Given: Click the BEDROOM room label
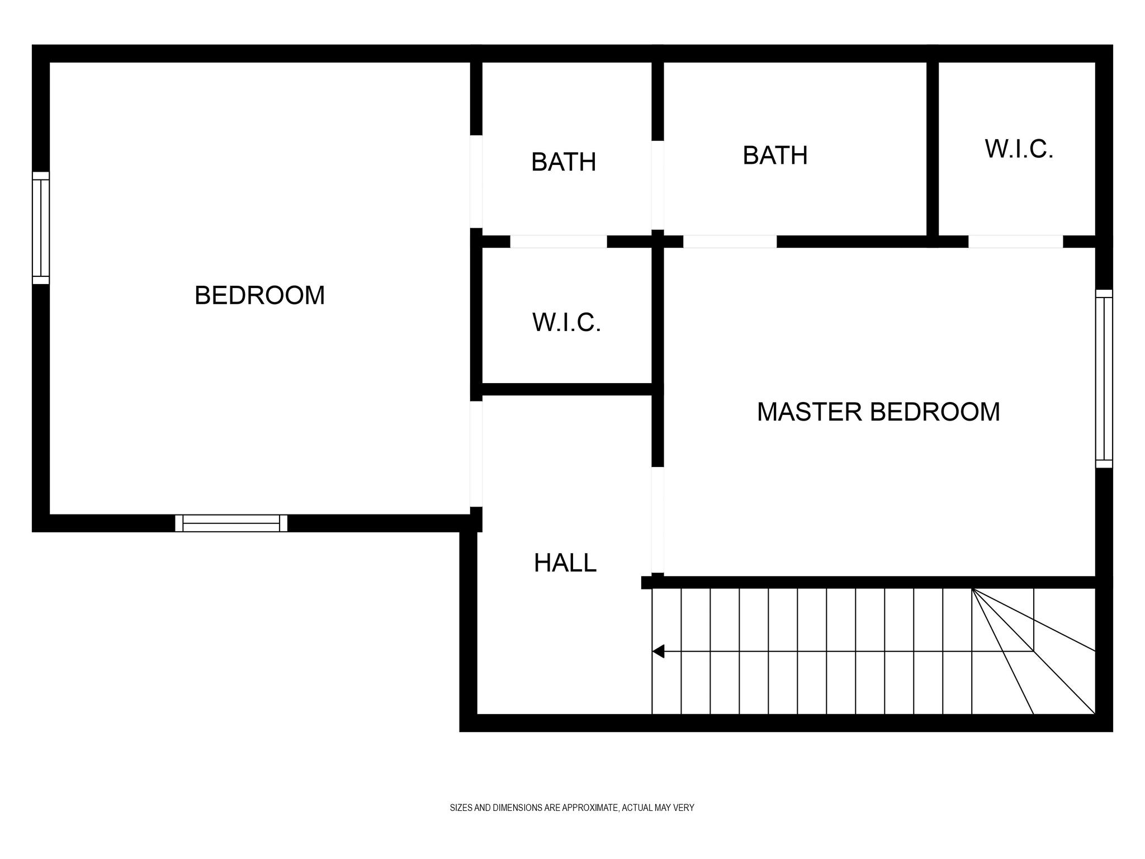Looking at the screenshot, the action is tap(259, 295).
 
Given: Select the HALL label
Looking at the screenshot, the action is tap(565, 563).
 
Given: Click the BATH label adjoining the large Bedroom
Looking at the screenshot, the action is tap(564, 162).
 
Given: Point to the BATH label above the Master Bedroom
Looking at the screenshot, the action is tap(775, 155).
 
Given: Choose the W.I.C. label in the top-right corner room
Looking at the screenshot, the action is tap(1019, 149).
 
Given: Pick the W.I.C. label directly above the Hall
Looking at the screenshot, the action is tap(566, 322).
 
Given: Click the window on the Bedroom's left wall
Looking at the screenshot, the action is tap(41, 228).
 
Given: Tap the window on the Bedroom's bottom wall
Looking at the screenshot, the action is tap(231, 523).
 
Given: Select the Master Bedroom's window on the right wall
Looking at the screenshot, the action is tap(1104, 379).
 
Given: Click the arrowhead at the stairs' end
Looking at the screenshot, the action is tap(659, 651).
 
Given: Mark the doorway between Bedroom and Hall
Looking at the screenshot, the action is tap(476, 454).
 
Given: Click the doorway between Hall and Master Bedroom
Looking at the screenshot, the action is tap(658, 520).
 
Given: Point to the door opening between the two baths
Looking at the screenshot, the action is tap(658, 185).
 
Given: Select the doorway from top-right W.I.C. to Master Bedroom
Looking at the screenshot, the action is tap(1015, 242).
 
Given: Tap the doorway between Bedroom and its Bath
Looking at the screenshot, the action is tap(476, 181).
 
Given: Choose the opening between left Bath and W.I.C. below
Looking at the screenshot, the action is tap(559, 242).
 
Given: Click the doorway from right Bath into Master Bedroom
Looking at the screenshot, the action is tap(730, 242).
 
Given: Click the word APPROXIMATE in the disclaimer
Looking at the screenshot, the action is tap(590, 808).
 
